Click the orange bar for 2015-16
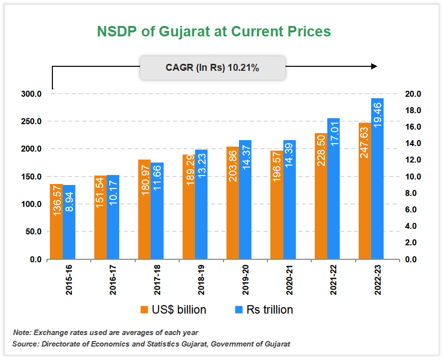56,222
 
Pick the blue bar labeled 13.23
201,204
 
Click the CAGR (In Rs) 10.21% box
213,68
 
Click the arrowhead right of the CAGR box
374,66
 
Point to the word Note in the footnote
22,333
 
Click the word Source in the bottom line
25,344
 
